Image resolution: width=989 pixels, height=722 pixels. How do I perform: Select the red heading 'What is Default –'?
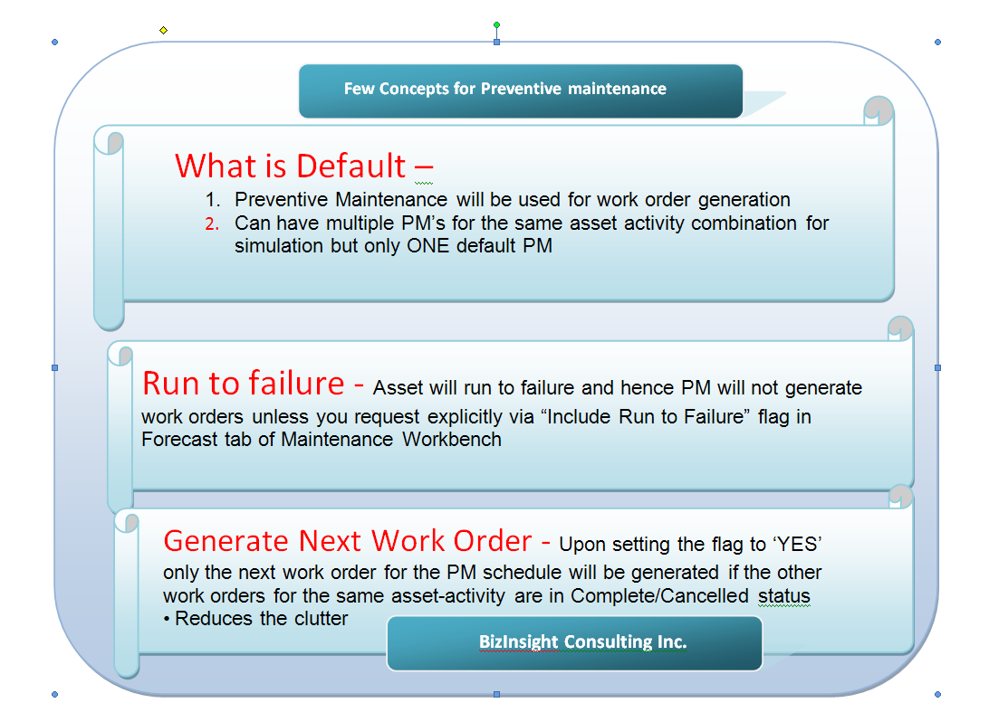point(303,166)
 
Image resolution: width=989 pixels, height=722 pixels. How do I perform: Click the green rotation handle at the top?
point(496,25)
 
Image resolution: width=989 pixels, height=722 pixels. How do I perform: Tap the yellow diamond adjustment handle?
point(163,30)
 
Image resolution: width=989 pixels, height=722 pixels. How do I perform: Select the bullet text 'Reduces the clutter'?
point(262,620)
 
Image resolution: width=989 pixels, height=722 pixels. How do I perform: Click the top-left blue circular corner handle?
point(54,42)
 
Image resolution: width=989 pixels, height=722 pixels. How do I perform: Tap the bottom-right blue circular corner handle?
point(937,694)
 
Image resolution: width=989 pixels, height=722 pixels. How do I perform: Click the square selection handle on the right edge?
point(937,367)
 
